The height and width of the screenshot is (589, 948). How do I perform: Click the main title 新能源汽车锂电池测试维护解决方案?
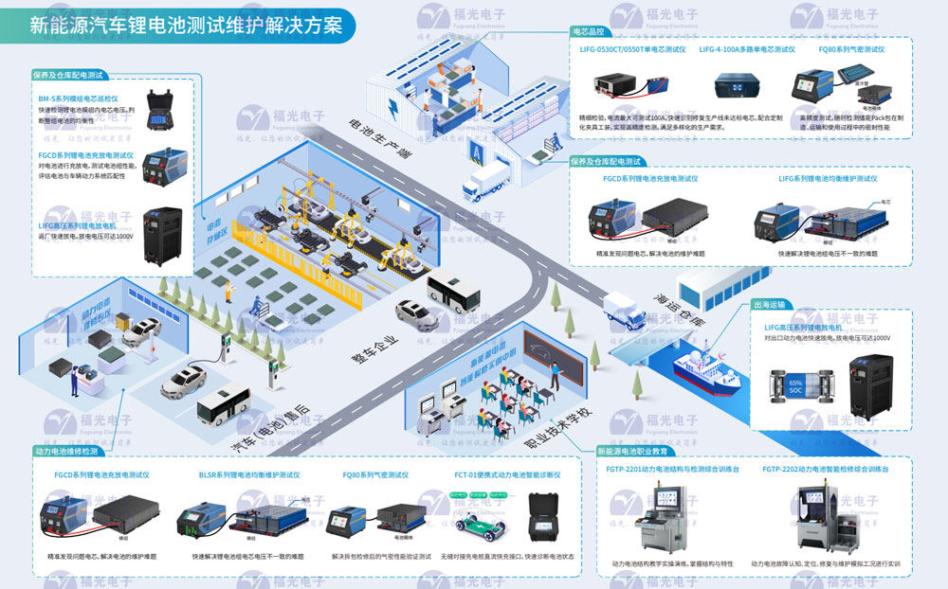click(x=186, y=25)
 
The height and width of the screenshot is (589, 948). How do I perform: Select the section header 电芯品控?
click(x=591, y=31)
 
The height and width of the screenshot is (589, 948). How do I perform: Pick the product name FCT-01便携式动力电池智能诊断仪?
click(x=507, y=474)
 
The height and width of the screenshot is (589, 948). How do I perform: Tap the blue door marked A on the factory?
click(x=475, y=152)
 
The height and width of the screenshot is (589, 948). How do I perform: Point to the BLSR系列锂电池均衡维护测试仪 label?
click(x=249, y=474)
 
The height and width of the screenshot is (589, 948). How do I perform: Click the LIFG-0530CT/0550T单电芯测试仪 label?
click(x=632, y=48)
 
